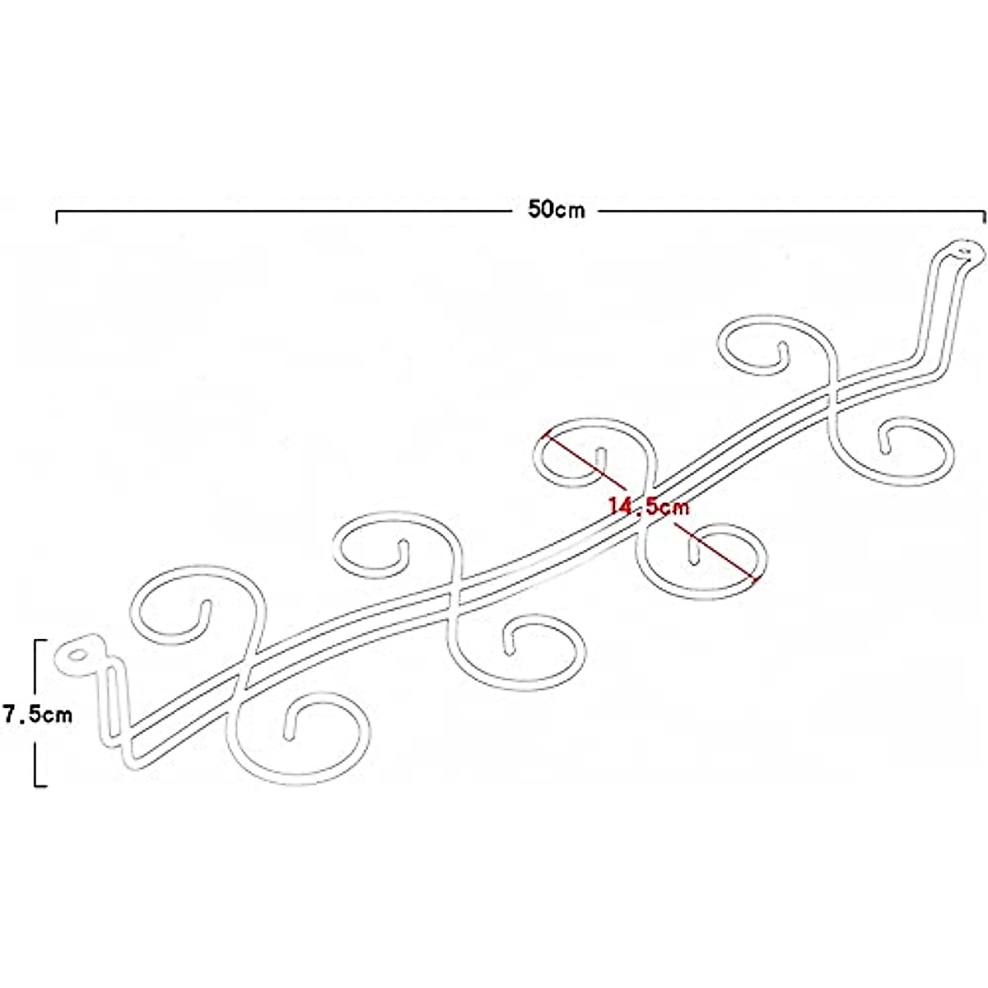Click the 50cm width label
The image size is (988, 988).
click(557, 209)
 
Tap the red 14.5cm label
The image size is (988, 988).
click(649, 506)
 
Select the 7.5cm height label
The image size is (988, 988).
click(37, 713)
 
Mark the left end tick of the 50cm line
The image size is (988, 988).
click(56, 217)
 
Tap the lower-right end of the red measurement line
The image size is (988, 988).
click(756, 582)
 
